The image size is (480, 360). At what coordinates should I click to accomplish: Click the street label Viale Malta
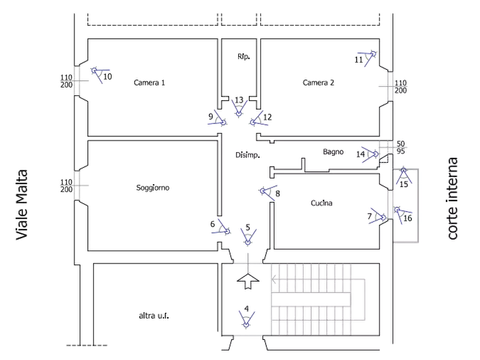pyautogui.click(x=22, y=205)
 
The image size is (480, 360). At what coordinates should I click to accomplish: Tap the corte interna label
pyautogui.click(x=453, y=199)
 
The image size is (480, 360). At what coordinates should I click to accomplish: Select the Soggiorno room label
pyautogui.click(x=154, y=189)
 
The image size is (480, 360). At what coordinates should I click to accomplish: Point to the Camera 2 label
pyautogui.click(x=319, y=83)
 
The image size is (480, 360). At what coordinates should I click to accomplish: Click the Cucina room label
pyautogui.click(x=323, y=203)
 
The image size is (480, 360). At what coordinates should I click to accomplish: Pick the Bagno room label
pyautogui.click(x=333, y=153)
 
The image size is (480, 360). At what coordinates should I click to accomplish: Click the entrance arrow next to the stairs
pyautogui.click(x=247, y=279)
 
